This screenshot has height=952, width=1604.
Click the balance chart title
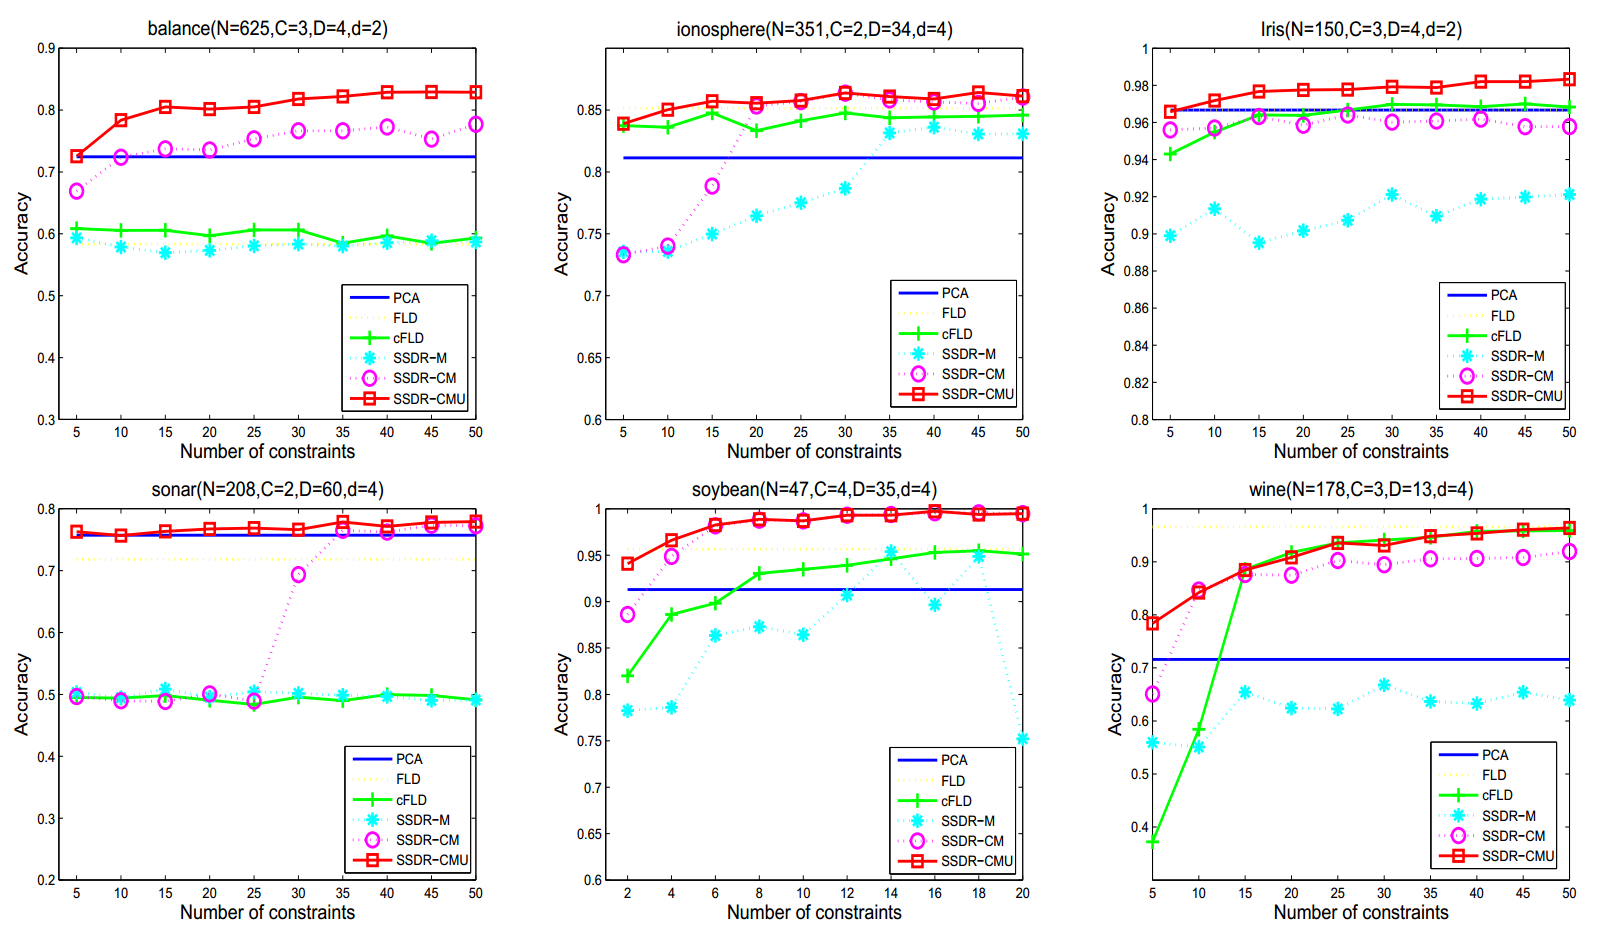pos(267,28)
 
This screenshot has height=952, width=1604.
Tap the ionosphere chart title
pos(814,29)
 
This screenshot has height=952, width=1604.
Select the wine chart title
pos(1360,489)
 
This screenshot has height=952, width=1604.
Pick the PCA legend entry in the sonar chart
pos(408,759)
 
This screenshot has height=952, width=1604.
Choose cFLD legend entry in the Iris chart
pos(1505,336)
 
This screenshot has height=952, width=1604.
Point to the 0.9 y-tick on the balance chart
pos(46,48)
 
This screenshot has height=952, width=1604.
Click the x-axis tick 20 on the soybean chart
pos(1022,893)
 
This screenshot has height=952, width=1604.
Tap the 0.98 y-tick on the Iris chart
pos(1136,86)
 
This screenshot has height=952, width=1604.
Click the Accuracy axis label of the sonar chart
pos(22,695)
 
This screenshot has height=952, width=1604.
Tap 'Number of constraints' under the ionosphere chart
pos(814,451)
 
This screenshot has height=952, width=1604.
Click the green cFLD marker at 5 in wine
pos(1153,841)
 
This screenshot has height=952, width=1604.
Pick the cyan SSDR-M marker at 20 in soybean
pos(1022,739)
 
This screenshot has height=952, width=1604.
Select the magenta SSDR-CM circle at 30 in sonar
pos(298,574)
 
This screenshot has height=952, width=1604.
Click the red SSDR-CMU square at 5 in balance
pos(77,156)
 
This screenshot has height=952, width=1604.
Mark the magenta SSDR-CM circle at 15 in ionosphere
pos(712,186)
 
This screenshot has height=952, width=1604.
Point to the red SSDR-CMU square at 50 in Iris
pos(1569,79)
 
